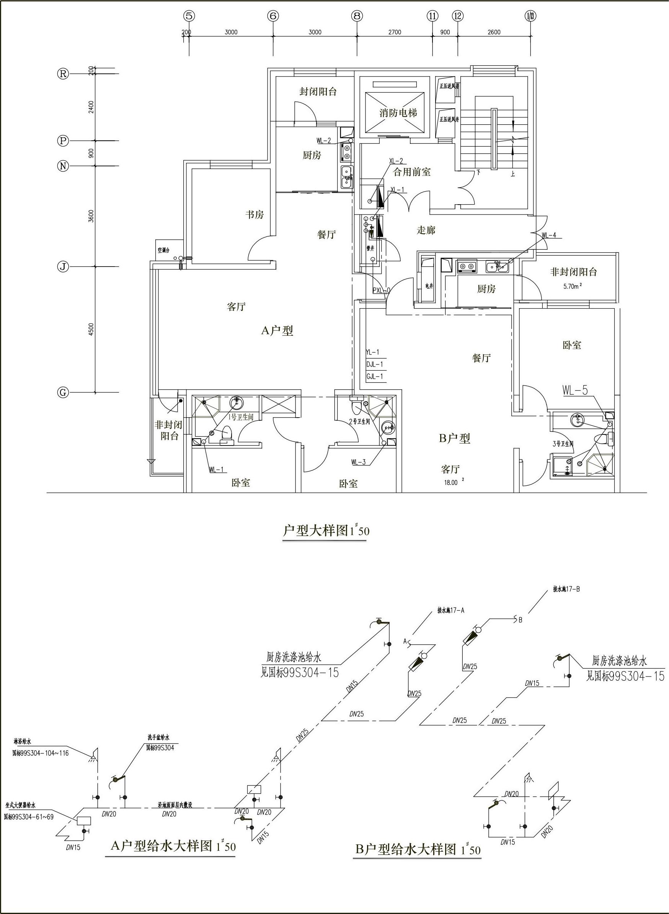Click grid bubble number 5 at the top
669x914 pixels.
189,16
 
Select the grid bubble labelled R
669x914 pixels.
63,74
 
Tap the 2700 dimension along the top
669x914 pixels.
395,33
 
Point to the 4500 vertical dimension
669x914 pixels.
91,329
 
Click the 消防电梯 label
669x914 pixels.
398,112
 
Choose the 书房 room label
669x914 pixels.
254,215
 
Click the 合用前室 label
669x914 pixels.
412,172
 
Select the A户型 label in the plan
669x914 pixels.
277,331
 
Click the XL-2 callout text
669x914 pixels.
396,161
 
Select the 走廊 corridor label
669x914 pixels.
426,230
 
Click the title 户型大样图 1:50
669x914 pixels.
326,530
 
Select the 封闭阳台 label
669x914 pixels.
318,91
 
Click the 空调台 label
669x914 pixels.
163,250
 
